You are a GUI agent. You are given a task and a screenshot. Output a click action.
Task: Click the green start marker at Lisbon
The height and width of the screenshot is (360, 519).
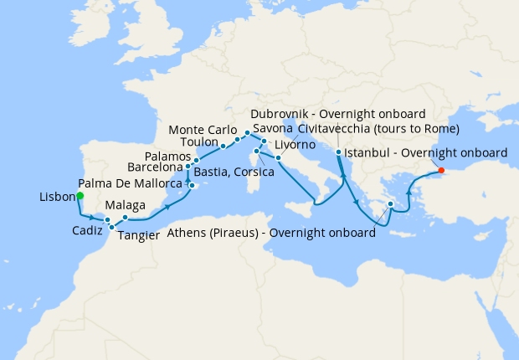coord(80,196)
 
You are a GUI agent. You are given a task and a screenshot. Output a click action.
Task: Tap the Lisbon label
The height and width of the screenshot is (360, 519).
coord(57,198)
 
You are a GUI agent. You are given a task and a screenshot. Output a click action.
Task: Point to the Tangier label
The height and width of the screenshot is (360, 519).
coord(139,235)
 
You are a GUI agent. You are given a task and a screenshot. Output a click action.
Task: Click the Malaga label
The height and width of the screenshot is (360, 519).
coord(126,206)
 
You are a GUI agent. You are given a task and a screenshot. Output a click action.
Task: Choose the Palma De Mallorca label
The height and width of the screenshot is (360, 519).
coord(130,183)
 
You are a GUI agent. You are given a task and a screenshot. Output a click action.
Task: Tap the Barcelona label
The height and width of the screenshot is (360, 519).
coord(155,167)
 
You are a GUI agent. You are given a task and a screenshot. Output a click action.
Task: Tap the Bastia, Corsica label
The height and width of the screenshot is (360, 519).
coord(234,172)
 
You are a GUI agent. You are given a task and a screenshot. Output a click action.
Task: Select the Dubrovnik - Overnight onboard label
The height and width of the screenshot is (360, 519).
coord(339,114)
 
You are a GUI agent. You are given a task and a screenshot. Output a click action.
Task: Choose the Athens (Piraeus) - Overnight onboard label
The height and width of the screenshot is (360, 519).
coord(271,233)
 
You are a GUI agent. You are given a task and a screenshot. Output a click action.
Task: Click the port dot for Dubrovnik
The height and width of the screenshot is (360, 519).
coord(338,152)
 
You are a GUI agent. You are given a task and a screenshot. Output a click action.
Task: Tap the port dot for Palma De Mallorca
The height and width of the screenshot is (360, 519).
coord(192,185)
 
